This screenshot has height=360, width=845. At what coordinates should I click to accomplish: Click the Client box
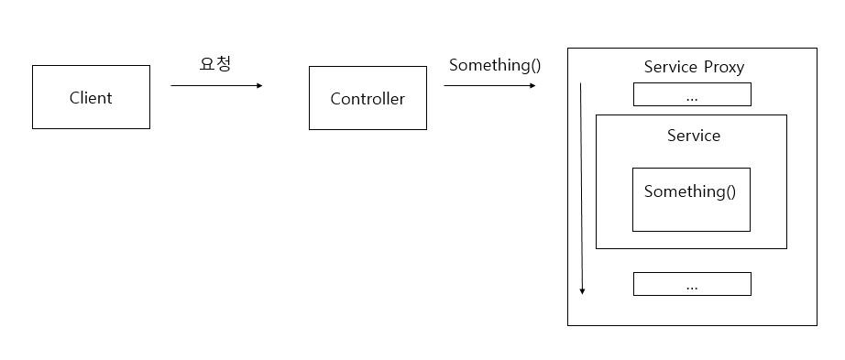point(91,97)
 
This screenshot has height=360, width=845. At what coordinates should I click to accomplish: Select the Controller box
point(368,98)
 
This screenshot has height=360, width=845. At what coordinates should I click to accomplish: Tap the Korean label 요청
point(215,63)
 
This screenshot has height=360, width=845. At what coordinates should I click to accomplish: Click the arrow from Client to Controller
point(216,86)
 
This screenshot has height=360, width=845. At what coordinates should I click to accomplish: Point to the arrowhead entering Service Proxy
point(533,86)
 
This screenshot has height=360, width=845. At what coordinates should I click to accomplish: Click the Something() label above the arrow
point(495,65)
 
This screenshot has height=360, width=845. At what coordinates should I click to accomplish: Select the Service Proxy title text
point(694,67)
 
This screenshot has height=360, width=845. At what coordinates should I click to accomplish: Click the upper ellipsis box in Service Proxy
point(692,94)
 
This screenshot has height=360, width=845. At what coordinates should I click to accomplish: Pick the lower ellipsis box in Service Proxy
point(692,284)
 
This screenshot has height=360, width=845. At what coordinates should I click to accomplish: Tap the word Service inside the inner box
point(694,136)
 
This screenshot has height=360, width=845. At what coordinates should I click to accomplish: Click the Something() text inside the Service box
point(690,191)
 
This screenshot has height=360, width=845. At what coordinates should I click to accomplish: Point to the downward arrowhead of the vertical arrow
point(582,291)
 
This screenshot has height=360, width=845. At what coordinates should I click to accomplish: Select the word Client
point(91,97)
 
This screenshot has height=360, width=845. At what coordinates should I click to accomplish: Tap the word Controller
point(368,99)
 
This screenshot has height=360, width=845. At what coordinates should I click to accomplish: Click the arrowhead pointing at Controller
point(259,86)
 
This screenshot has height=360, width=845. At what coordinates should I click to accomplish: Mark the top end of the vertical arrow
point(580,83)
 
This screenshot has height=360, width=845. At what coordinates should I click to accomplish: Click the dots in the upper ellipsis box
point(692,99)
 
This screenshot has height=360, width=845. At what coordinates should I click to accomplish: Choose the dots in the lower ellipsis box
point(692,289)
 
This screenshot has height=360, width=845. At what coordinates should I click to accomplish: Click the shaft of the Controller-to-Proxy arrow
point(488,86)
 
